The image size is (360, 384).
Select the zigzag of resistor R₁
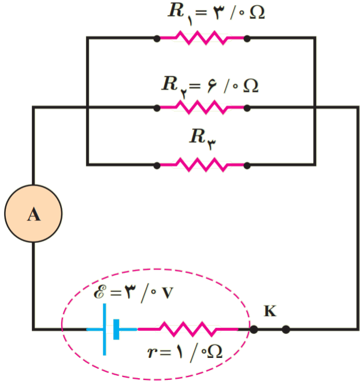tap(202, 38)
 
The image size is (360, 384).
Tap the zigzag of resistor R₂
tap(202, 108)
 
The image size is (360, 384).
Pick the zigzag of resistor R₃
tap(202, 165)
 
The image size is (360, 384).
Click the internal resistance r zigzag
tap(188, 330)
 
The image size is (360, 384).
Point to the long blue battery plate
tap(105, 330)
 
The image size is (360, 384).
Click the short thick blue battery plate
tap(116, 330)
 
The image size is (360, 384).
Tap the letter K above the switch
tap(270, 311)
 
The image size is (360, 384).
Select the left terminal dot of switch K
tap(254, 330)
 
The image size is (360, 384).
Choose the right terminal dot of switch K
tap(285, 330)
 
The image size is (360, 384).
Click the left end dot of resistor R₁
tap(157, 38)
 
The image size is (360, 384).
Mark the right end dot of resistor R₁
tap(247, 38)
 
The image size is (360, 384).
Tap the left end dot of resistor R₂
tap(157, 108)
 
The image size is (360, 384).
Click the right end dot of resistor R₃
tap(247, 165)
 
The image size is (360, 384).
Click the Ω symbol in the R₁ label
tap(257, 12)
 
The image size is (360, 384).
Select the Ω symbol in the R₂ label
tap(251, 86)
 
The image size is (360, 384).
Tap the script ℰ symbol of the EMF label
tap(100, 292)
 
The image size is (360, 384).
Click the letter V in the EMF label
tap(168, 293)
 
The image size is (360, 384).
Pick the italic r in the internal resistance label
tap(152, 352)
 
